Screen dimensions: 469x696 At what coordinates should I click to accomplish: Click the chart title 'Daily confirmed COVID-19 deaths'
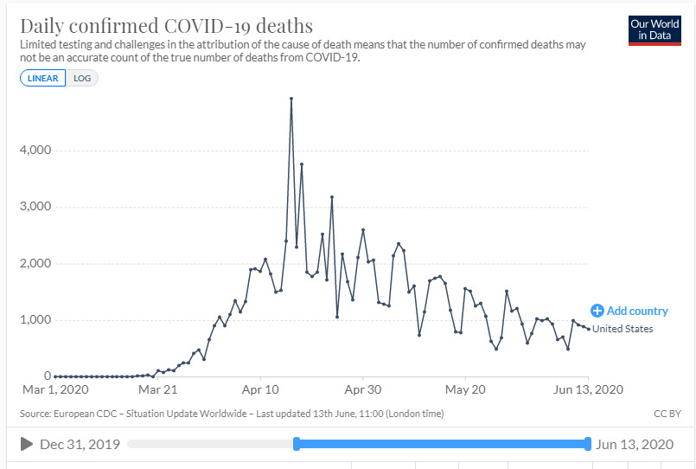[166, 25]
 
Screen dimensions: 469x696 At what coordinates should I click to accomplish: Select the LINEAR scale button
[42, 78]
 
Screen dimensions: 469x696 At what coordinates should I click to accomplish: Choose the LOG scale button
[82, 78]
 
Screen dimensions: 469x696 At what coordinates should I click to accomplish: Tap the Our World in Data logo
[654, 30]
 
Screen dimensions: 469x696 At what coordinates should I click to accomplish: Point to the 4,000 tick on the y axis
[35, 151]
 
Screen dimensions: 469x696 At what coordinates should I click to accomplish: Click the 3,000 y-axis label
[35, 207]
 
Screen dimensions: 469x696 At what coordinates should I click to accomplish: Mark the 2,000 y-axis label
[35, 264]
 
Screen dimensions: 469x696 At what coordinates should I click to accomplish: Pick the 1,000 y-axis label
[35, 320]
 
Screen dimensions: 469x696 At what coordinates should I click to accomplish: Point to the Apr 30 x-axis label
[363, 390]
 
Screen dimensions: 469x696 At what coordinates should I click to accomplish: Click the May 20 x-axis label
[465, 390]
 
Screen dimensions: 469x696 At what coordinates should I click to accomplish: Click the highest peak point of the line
[291, 99]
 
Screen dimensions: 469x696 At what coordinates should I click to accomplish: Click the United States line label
[623, 329]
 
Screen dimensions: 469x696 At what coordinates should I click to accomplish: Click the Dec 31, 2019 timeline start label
[80, 445]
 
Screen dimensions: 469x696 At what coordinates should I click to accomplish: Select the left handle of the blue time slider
[297, 445]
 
